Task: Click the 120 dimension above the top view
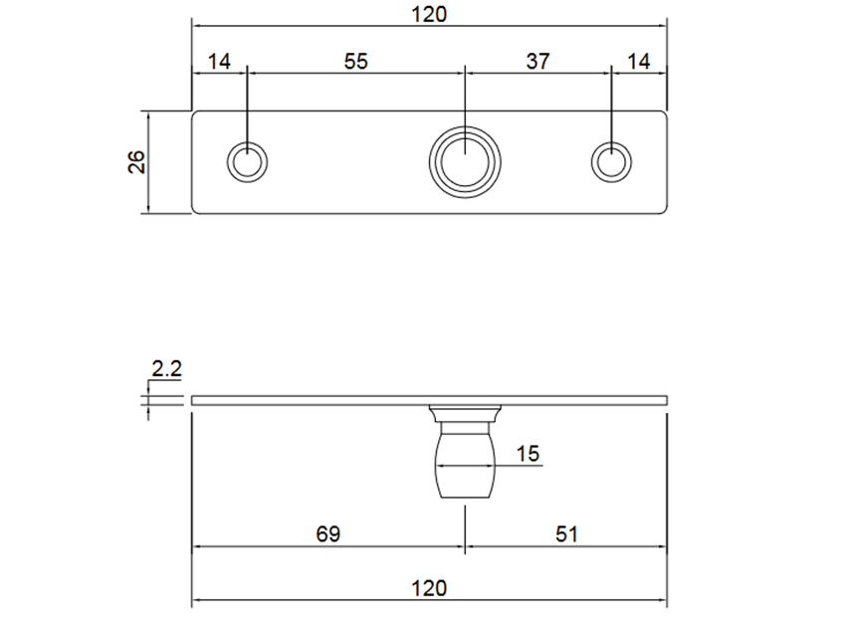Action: (x=429, y=14)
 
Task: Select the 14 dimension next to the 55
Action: (x=219, y=62)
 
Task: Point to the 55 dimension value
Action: (x=355, y=62)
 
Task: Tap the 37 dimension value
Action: (x=537, y=62)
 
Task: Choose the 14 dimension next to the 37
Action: (x=638, y=62)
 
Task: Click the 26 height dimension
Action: (x=136, y=161)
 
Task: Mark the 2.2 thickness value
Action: (x=166, y=369)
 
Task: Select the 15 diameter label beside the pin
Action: (x=528, y=454)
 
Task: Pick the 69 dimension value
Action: (x=326, y=534)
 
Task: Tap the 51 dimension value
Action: (x=564, y=534)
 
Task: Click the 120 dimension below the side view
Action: (x=429, y=588)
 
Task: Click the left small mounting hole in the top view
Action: (x=247, y=161)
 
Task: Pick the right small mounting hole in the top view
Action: (x=610, y=161)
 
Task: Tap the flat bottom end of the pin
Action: (x=465, y=497)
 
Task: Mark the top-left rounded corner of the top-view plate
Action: (x=195, y=113)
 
